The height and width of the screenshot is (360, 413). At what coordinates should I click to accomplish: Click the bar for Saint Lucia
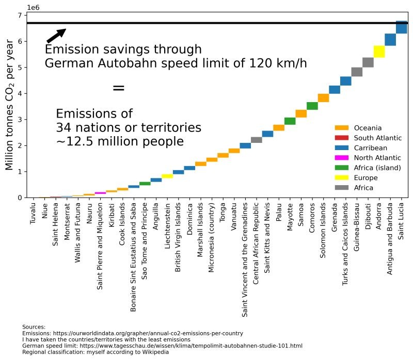pyautogui.click(x=402, y=27)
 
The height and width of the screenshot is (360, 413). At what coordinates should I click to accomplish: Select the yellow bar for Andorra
pyautogui.click(x=379, y=52)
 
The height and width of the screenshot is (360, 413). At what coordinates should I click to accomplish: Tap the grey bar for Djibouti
pyautogui.click(x=368, y=62)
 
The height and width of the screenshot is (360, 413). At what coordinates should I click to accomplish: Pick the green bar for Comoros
pyautogui.click(x=312, y=106)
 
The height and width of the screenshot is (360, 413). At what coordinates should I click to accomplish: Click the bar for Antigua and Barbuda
pyautogui.click(x=391, y=40)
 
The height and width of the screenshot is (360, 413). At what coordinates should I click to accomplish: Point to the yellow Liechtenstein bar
pyautogui.click(x=167, y=176)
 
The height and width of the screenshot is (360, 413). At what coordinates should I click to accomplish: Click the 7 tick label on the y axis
pyautogui.click(x=19, y=15)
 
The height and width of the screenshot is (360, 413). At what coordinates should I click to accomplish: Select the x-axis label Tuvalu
pyautogui.click(x=33, y=212)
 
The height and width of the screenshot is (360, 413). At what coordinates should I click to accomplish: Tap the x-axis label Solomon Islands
pyautogui.click(x=323, y=230)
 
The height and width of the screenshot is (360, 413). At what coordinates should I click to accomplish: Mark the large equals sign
pyautogui.click(x=118, y=88)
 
